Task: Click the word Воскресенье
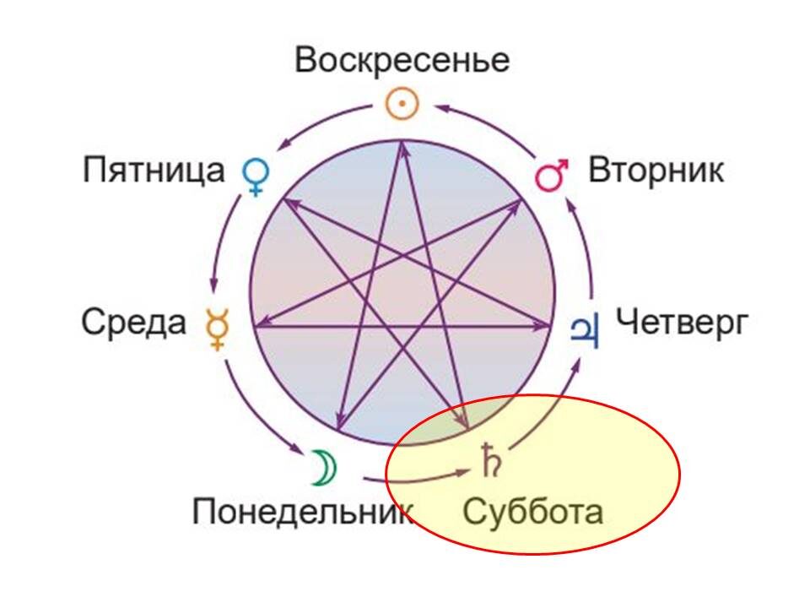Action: pyautogui.click(x=402, y=61)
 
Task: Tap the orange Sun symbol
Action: pyautogui.click(x=402, y=105)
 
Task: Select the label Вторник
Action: pyautogui.click(x=656, y=171)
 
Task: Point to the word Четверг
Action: pyautogui.click(x=681, y=323)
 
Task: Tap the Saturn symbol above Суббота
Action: pyautogui.click(x=490, y=460)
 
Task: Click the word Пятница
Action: pyautogui.click(x=154, y=171)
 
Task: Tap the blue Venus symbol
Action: pyautogui.click(x=255, y=176)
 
